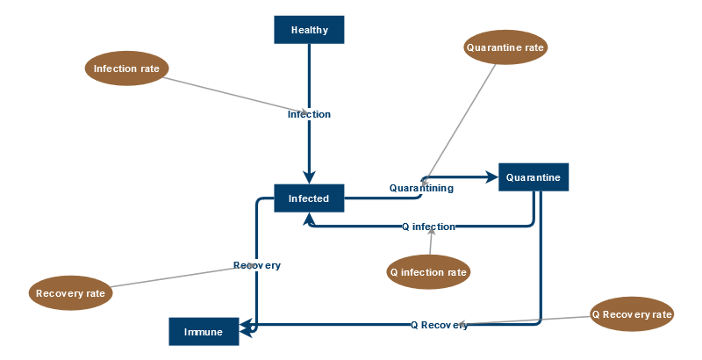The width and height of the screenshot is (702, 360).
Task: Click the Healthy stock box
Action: [x=309, y=30]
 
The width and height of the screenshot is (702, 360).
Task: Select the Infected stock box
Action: [x=309, y=198]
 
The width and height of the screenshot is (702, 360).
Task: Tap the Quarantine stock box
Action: [x=534, y=177]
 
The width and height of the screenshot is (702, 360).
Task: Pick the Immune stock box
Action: [x=204, y=332]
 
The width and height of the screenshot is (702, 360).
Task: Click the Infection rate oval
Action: [x=126, y=68]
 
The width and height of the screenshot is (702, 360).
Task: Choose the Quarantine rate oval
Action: [x=505, y=47]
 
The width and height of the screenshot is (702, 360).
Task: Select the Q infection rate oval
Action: [x=428, y=272]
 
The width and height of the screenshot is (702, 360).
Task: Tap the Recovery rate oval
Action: [x=71, y=293]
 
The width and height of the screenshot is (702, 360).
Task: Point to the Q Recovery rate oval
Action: [x=632, y=313]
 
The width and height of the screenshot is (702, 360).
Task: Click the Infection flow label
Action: [x=309, y=114]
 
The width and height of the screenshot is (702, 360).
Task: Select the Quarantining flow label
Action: [x=421, y=188]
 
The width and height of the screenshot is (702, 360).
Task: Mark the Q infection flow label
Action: [x=428, y=227]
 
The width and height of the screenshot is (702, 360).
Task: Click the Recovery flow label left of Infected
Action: [x=257, y=265]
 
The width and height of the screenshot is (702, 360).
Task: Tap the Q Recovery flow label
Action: [x=439, y=325]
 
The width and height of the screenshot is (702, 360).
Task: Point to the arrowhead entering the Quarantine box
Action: [x=491, y=177]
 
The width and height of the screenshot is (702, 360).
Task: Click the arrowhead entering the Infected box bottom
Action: [x=309, y=219]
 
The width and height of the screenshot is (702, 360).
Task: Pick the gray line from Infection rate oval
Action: [x=228, y=93]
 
